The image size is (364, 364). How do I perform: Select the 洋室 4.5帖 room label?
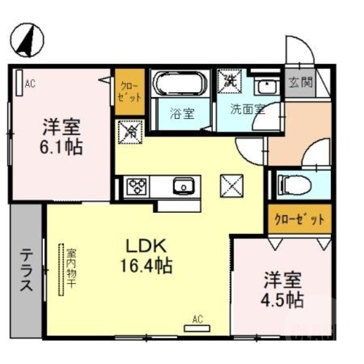pos(281,289)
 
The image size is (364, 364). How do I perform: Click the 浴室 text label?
pos(182,113)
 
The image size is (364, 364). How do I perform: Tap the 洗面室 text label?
pos(247,110)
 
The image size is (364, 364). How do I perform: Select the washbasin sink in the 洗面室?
pos(268,86)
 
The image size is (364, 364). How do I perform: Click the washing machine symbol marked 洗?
pos(229,80)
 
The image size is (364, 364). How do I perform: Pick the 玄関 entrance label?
pos(301,81)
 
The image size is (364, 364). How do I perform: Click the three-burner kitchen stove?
pos(136,185)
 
